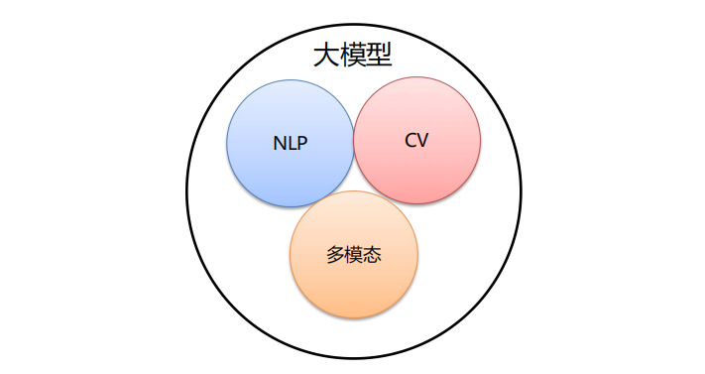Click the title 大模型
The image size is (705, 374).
[x=353, y=55]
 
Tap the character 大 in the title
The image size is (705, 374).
[x=326, y=55]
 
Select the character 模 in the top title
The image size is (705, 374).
[x=353, y=55]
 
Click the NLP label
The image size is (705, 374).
[x=291, y=143]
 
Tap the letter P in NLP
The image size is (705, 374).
[x=302, y=143]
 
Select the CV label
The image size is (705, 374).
[x=416, y=140]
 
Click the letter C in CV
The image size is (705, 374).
[x=411, y=140]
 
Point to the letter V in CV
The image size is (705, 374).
[x=423, y=140]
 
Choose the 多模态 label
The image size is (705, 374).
[x=354, y=255]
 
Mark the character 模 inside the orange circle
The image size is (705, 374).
[x=354, y=255]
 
